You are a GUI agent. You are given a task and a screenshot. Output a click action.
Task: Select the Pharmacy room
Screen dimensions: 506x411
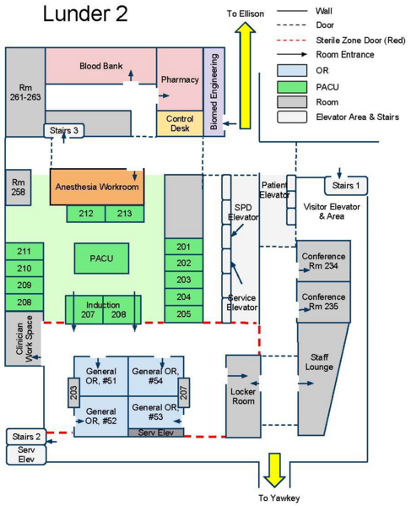tap(179, 80)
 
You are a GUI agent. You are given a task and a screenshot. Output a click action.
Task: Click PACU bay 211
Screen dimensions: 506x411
tap(24, 251)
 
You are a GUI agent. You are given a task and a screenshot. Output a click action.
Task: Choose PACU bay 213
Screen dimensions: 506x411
tap(125, 214)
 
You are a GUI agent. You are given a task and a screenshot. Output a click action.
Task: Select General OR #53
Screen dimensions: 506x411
tap(153, 413)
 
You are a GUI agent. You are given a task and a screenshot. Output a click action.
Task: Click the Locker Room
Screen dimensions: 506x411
tap(243, 396)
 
